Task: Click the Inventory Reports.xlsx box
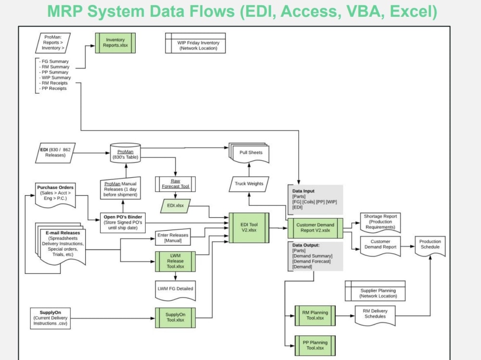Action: [115, 43]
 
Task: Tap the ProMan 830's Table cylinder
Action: [125, 151]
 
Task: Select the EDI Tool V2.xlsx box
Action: [249, 227]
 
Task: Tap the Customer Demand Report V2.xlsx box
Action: [316, 227]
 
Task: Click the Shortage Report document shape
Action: [380, 222]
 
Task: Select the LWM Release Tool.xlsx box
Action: [175, 261]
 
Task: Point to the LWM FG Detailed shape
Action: [175, 289]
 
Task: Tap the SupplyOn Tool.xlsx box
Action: [175, 317]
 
